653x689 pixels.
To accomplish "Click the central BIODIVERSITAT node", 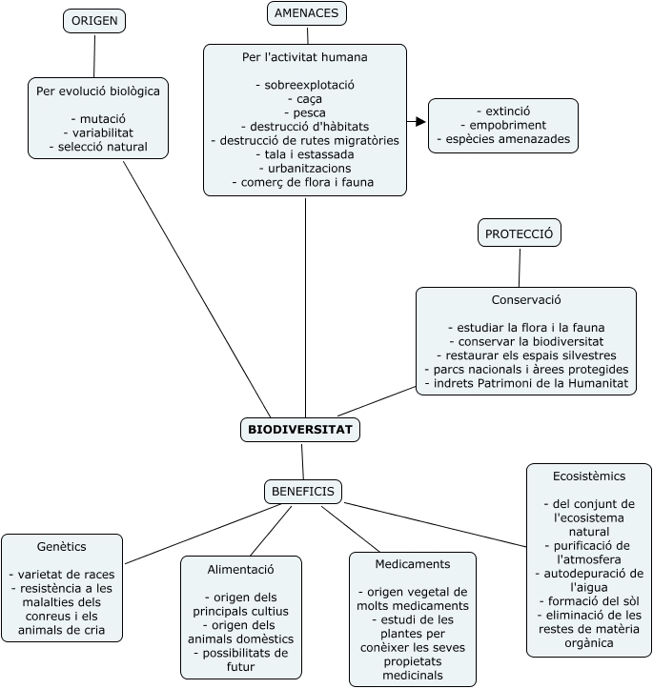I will [300, 430].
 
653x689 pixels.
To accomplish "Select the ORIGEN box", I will [95, 21].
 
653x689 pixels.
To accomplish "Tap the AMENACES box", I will [306, 13].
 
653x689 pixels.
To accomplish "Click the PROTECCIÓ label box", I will [520, 233].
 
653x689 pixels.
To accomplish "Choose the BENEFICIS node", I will [303, 491].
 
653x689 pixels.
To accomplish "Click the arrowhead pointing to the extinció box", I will [420, 122].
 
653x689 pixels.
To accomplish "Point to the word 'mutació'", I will [100, 118].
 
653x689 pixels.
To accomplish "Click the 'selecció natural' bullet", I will [100, 147].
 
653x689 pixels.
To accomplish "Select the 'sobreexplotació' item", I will [305, 85].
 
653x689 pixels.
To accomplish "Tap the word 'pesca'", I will [305, 112].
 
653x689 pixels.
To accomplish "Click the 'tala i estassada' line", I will [305, 153].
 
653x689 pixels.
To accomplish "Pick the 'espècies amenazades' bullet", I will [503, 139].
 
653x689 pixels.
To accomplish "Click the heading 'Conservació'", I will [526, 299].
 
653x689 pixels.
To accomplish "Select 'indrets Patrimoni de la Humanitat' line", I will [526, 382].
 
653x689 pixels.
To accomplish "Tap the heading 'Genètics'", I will [62, 547].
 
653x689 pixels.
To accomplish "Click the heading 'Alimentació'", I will [241, 569].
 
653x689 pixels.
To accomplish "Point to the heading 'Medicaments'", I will [413, 564].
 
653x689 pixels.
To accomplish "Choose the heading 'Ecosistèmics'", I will [589, 475].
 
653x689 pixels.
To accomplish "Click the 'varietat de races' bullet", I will [62, 575].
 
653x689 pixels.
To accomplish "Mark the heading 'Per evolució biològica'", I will [98, 91].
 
